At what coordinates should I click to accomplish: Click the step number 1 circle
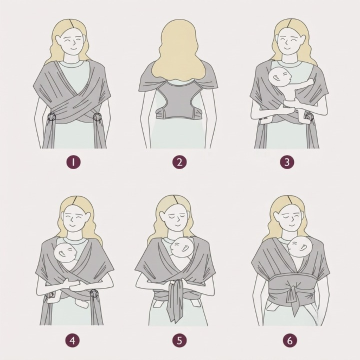73,162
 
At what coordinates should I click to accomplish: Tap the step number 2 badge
179,162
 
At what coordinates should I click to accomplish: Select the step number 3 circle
287,162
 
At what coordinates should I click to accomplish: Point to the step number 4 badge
72,340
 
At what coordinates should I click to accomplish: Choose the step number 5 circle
179,340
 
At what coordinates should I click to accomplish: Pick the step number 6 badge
290,340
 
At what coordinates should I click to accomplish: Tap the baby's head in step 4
65,253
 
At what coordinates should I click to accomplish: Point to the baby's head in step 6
299,246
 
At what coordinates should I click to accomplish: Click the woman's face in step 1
72,43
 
